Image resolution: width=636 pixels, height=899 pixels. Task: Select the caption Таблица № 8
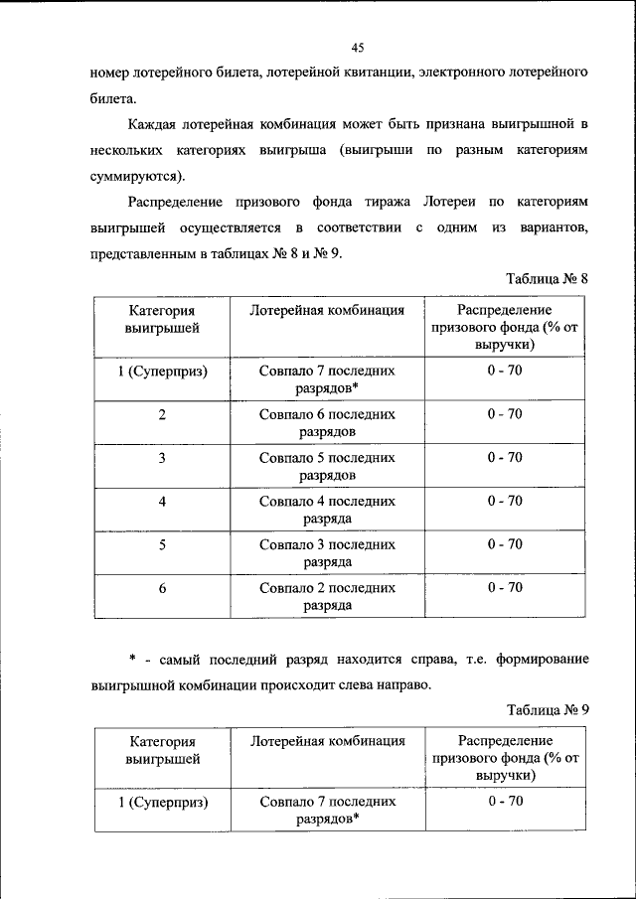pos(548,279)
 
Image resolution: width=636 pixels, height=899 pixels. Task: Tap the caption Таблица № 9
pos(548,709)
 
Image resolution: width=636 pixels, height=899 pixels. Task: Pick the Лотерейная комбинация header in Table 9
pos(327,741)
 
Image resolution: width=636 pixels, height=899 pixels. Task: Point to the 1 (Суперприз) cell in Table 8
pos(162,371)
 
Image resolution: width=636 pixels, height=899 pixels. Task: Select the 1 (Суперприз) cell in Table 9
pos(162,801)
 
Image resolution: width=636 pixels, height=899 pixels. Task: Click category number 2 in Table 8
pos(162,414)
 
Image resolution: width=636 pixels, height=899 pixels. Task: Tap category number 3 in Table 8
pos(162,458)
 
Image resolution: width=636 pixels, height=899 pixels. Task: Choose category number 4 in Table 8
pos(162,502)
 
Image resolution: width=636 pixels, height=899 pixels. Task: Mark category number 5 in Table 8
pos(162,545)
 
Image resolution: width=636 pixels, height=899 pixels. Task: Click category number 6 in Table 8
pos(162,588)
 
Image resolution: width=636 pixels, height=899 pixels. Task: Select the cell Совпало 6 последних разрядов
pos(327,423)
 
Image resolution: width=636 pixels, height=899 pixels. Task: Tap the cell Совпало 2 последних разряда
pos(327,596)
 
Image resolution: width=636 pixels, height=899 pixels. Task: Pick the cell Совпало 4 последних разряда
pos(327,510)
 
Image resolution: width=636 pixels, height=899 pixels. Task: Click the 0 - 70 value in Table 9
pos(505,801)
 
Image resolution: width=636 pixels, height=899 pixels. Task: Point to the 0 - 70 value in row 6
pos(505,588)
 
